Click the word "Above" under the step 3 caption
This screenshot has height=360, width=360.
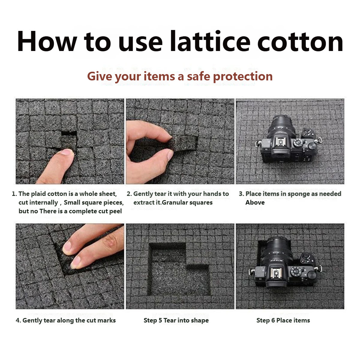(x=255, y=202)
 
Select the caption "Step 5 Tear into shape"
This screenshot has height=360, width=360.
(x=176, y=320)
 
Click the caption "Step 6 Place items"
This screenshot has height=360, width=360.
(x=283, y=320)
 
